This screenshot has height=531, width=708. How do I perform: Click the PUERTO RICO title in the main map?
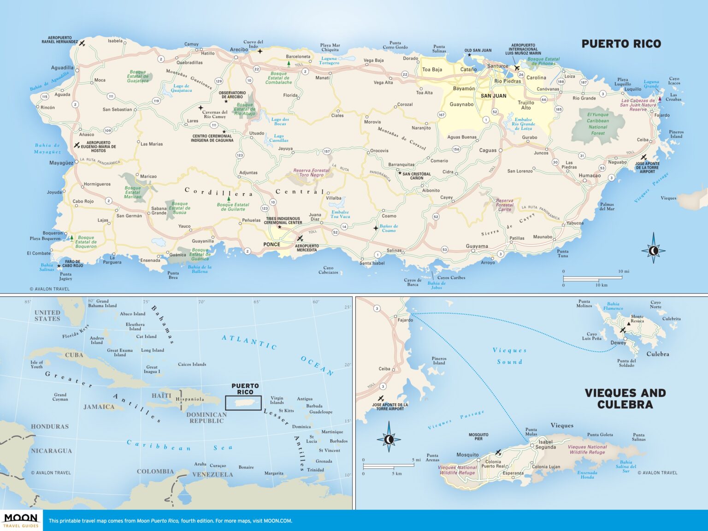621,44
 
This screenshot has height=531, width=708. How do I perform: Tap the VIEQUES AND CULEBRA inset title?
625,399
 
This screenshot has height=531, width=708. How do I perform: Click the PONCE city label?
271,244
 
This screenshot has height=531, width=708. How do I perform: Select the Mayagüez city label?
61,163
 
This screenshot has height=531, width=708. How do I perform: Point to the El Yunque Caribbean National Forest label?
598,124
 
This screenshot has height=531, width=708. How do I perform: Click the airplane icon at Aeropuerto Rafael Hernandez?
82,43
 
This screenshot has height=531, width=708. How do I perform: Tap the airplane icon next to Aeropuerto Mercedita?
300,238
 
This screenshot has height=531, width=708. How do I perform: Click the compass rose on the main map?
653,251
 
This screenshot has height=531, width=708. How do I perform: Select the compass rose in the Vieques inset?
389,439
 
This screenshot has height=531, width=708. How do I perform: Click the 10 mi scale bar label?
623,271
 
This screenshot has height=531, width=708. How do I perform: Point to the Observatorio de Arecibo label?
232,94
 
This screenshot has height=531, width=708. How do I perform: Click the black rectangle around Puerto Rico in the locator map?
243,403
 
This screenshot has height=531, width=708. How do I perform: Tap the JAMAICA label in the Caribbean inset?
99,407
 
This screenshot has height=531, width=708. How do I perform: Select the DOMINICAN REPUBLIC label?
206,418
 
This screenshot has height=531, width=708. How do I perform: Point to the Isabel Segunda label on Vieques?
546,444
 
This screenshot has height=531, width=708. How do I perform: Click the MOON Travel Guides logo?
21,520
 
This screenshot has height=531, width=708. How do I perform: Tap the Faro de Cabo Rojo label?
72,264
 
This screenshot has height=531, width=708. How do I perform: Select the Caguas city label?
488,150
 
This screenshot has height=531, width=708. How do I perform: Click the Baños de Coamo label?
389,228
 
